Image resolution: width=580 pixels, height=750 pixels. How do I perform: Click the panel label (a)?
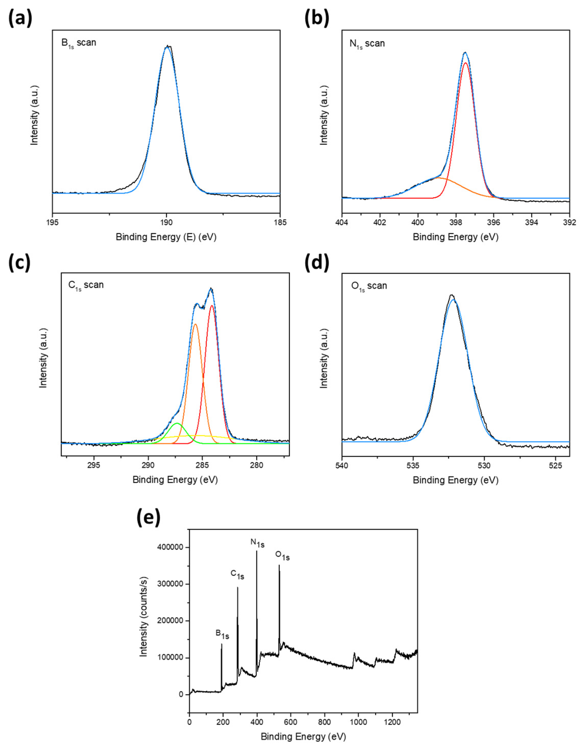pyautogui.click(x=20, y=18)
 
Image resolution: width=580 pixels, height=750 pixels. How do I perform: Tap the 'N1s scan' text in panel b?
pyautogui.click(x=367, y=44)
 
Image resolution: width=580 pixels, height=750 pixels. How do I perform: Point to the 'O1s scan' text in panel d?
pyautogui.click(x=369, y=286)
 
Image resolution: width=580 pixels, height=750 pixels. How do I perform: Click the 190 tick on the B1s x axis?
pyautogui.click(x=166, y=222)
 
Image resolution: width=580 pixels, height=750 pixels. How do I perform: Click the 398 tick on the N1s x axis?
pyautogui.click(x=456, y=222)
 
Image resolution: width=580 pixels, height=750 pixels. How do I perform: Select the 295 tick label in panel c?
pyautogui.click(x=94, y=465)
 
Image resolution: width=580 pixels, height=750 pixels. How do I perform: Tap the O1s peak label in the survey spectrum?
pyautogui.click(x=282, y=555)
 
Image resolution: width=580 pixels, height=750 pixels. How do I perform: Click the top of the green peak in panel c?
pyautogui.click(x=177, y=423)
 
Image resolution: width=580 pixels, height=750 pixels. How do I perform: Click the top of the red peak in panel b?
pyautogui.click(x=466, y=63)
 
